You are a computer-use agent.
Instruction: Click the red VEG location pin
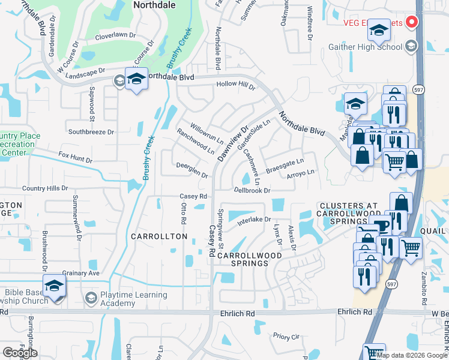pyautogui.click(x=412, y=22)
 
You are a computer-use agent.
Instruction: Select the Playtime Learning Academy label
pyautogui.click(x=133, y=299)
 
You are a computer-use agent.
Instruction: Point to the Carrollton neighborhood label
pyautogui.click(x=159, y=237)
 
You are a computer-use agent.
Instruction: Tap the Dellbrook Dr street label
pyautogui.click(x=253, y=190)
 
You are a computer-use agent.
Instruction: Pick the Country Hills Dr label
pyautogui.click(x=45, y=188)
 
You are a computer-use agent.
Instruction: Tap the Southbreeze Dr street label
pyautogui.click(x=91, y=131)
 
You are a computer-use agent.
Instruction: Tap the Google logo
pyautogui.click(x=20, y=353)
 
